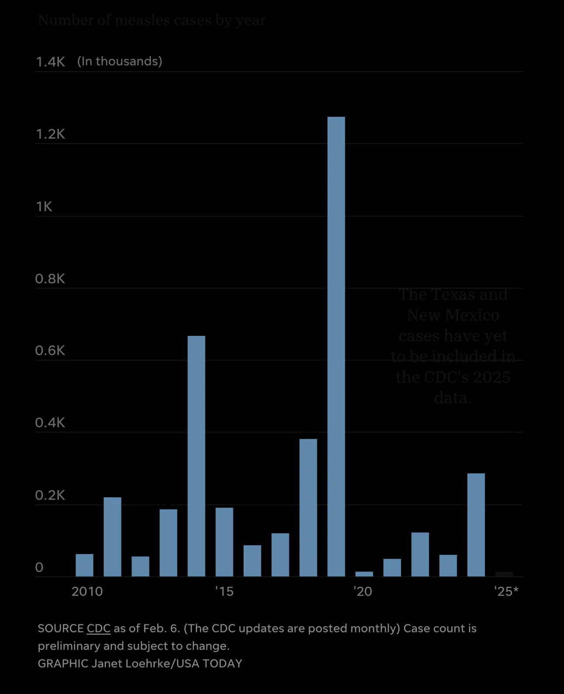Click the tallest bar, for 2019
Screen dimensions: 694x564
pyautogui.click(x=336, y=345)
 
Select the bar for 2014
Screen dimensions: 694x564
pyautogui.click(x=196, y=455)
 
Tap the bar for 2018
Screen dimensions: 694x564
pyautogui.click(x=308, y=507)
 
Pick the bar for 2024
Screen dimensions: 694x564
pyautogui.click(x=476, y=524)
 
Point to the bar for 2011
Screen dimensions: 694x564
pyautogui.click(x=112, y=537)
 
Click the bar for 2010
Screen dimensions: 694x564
pyautogui.click(x=84, y=565)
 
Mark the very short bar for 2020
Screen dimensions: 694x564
pyautogui.click(x=364, y=574)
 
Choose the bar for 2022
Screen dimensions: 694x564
pyautogui.click(x=420, y=554)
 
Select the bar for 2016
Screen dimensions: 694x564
pyautogui.click(x=252, y=561)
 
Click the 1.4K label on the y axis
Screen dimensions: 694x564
pyautogui.click(x=50, y=62)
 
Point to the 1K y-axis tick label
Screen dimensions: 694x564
pyautogui.click(x=44, y=206)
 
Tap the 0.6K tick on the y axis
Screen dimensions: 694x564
pyautogui.click(x=50, y=351)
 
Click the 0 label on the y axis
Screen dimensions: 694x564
pyautogui.click(x=39, y=567)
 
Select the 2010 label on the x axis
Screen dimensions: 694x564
pyautogui.click(x=87, y=591)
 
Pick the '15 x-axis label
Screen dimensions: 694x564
pyautogui.click(x=224, y=591)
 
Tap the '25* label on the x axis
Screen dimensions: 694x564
pyautogui.click(x=506, y=591)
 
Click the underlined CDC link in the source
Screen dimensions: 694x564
pyautogui.click(x=99, y=628)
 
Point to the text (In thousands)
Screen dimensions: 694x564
pyautogui.click(x=120, y=61)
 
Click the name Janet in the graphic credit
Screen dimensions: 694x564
pyautogui.click(x=107, y=663)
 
